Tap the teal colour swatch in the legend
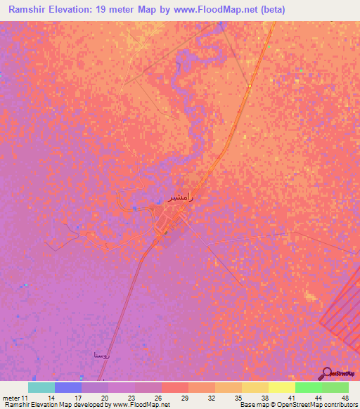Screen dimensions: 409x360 point(41,387)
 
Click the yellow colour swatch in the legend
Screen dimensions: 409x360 point(281,387)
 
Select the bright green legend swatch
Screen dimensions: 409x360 point(308,387)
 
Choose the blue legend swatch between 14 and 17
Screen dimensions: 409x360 point(68,387)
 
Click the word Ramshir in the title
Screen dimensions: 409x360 point(30,9)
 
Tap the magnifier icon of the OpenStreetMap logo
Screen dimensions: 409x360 point(326,372)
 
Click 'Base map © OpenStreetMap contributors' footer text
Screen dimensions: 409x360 point(297,405)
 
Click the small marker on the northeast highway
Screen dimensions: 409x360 point(249,86)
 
